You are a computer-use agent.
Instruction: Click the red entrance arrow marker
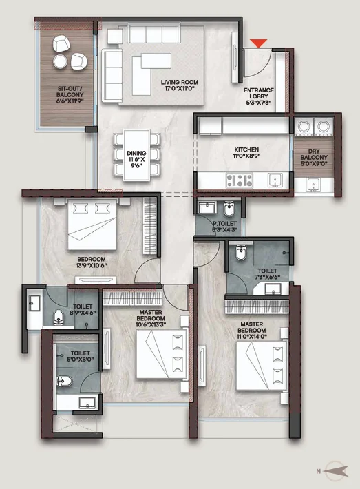point(259,43)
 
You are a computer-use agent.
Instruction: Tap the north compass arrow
point(336,471)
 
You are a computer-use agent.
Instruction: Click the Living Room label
point(180,83)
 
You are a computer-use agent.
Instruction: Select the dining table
point(136,155)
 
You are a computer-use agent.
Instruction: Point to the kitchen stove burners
point(240,180)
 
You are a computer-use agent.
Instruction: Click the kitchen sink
point(275,181)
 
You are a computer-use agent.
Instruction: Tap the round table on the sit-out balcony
point(60,61)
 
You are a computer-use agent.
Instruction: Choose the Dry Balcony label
point(314,154)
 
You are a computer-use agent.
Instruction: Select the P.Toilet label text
point(224,223)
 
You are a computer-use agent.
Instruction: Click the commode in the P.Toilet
point(229,208)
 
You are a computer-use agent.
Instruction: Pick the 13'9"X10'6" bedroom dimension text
point(92,265)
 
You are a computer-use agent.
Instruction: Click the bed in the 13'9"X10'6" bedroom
point(92,225)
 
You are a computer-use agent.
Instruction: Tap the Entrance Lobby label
point(259,93)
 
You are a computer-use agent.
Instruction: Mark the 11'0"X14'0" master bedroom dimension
point(251,337)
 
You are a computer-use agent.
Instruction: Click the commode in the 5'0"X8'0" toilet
point(65,381)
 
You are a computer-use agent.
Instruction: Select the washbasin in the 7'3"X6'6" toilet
point(273,289)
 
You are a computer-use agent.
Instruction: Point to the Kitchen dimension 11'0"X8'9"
point(246,156)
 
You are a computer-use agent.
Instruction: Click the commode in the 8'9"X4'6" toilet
point(58,318)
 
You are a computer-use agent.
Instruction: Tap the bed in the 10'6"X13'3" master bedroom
point(162,355)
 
